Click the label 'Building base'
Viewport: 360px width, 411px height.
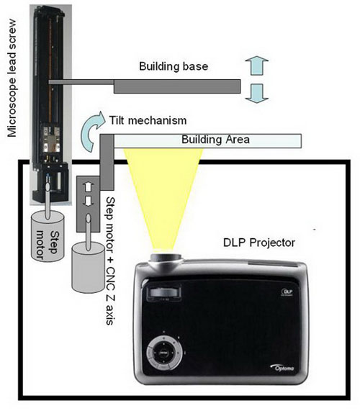174,66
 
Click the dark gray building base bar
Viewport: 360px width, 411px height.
176,85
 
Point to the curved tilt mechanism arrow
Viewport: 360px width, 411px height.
91,123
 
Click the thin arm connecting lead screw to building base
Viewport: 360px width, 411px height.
79,81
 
